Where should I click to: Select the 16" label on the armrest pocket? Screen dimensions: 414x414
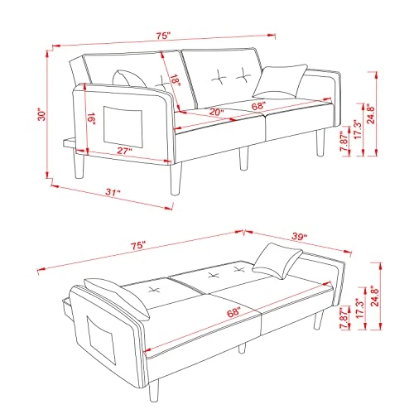coord(90,121)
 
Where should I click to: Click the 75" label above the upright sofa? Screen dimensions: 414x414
coord(161,36)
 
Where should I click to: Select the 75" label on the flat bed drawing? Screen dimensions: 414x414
coord(137,246)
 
